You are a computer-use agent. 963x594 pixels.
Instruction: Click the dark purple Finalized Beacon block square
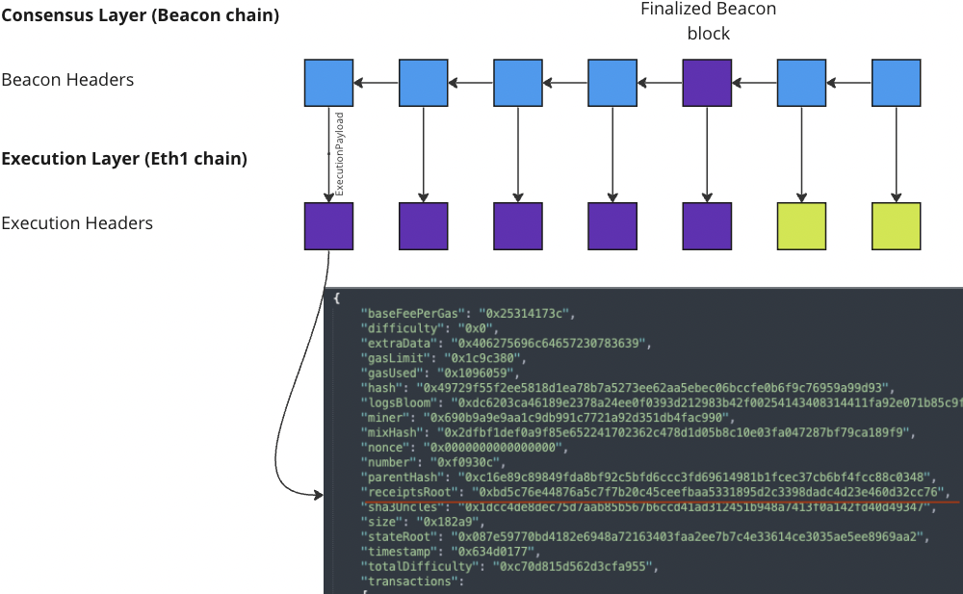[x=707, y=82]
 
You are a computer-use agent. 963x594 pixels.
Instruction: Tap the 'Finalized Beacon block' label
[x=708, y=21]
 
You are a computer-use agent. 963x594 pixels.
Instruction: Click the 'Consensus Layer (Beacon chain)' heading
[x=140, y=15]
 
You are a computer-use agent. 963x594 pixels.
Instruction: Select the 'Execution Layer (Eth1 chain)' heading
[x=124, y=159]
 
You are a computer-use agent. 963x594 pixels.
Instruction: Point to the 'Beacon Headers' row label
[x=67, y=80]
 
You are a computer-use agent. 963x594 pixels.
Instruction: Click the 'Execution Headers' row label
[x=77, y=223]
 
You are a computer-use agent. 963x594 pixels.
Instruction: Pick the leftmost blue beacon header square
[x=328, y=82]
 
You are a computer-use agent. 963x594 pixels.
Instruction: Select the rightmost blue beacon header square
[x=896, y=82]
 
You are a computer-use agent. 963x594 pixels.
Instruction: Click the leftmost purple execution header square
[x=328, y=226]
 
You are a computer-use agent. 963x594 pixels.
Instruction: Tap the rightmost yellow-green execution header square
[x=896, y=226]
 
